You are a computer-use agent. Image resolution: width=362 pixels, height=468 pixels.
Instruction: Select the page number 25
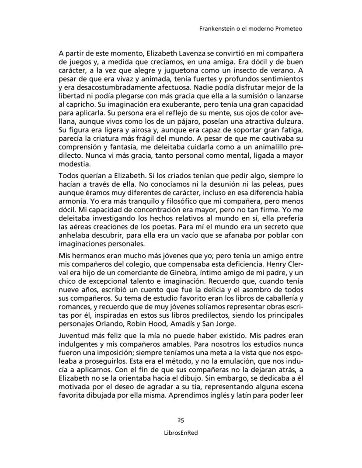(181, 420)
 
